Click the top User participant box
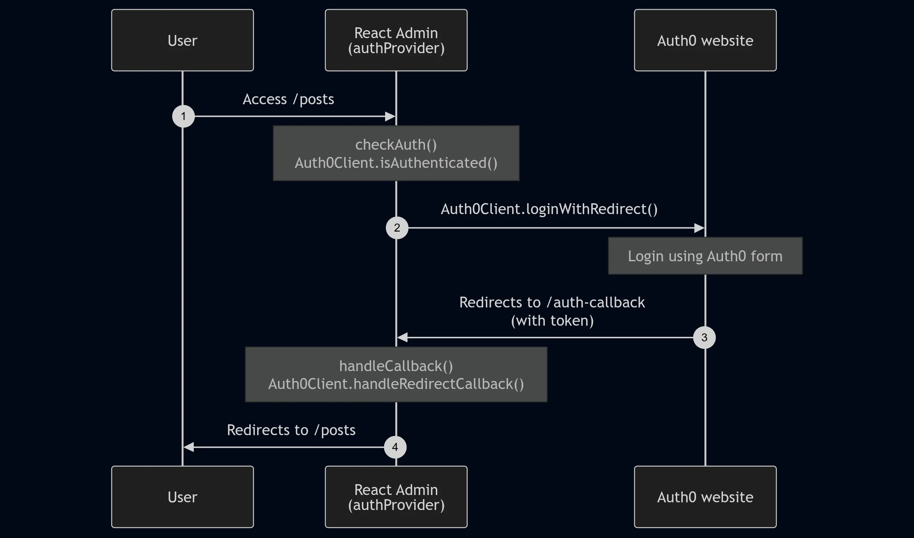[x=183, y=40]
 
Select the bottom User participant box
[x=183, y=497]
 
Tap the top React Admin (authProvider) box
[x=396, y=40]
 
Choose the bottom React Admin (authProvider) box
[x=396, y=497]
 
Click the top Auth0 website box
[x=705, y=40]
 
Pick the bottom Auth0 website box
[x=705, y=497]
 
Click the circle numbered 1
[x=183, y=116]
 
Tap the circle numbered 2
[x=397, y=228]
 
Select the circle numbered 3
[x=704, y=337]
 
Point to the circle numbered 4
[x=395, y=447]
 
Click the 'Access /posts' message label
[x=288, y=99]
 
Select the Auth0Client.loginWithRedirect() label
[x=549, y=209]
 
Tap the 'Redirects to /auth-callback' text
[x=552, y=302]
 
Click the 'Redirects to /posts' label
[x=291, y=430]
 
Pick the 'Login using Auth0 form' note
[x=705, y=256]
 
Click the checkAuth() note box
[x=396, y=153]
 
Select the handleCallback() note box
[x=396, y=374]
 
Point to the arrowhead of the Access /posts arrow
[x=390, y=116]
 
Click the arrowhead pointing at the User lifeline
[x=189, y=447]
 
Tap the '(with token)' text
[x=552, y=321]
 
